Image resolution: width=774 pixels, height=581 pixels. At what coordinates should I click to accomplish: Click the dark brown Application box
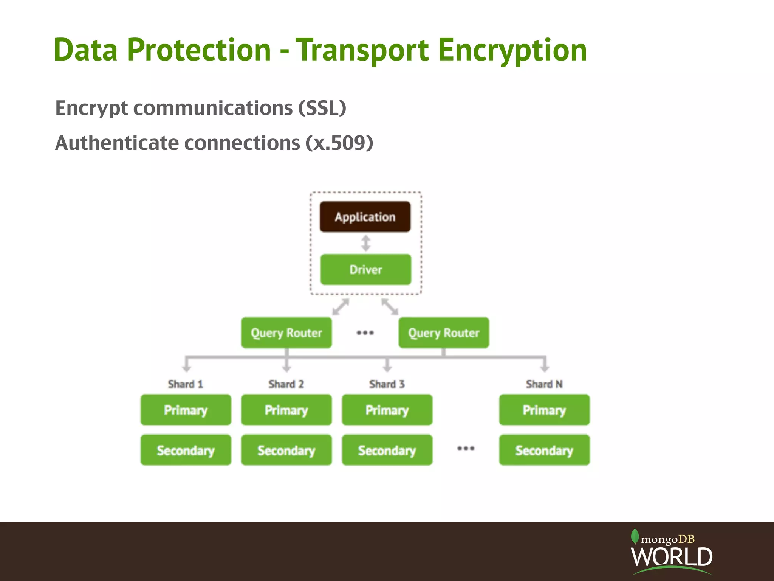(365, 217)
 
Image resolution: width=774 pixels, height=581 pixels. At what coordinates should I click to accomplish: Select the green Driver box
(365, 269)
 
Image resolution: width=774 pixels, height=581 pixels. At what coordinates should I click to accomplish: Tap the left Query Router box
(286, 333)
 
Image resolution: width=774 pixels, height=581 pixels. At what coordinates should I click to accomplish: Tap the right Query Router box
(444, 333)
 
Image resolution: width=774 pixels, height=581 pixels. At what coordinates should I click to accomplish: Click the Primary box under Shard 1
(186, 410)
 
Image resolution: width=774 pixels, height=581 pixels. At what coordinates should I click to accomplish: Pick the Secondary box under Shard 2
(286, 450)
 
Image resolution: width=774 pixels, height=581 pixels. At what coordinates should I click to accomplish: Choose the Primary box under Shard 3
(387, 410)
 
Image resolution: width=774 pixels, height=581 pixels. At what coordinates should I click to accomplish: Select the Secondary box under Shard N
(544, 450)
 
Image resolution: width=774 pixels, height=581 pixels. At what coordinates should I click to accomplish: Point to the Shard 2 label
(286, 384)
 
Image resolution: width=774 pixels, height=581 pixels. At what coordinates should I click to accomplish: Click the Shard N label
(544, 384)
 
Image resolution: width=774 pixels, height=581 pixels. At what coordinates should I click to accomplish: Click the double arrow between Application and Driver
(365, 243)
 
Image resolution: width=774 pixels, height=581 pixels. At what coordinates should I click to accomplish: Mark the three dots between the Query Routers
(365, 333)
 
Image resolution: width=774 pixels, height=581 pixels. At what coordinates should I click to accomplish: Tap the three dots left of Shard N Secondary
(466, 449)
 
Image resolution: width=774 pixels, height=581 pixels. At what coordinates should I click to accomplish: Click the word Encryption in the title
(512, 50)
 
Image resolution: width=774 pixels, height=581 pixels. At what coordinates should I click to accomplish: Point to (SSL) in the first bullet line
(322, 108)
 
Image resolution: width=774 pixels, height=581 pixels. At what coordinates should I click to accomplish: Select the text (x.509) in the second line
(339, 143)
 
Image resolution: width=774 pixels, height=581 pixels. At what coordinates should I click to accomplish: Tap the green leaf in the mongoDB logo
(635, 536)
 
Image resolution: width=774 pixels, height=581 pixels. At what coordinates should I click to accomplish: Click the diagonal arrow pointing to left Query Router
(340, 307)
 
